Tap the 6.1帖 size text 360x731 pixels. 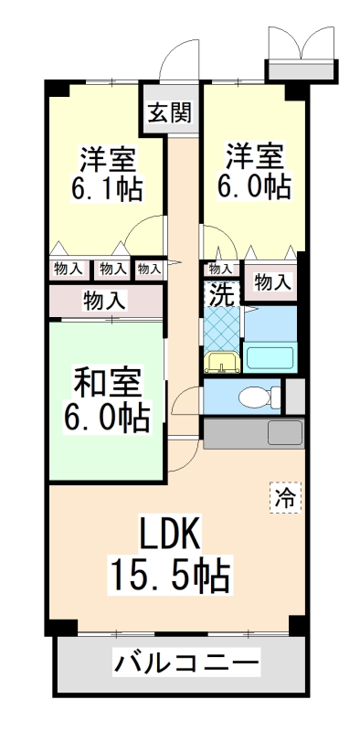pyautogui.click(x=109, y=190)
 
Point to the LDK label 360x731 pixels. pyautogui.click(x=169, y=533)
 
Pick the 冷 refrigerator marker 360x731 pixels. pyautogui.click(x=283, y=497)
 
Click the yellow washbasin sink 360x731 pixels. pyautogui.click(x=222, y=363)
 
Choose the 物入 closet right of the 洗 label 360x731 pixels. pyautogui.click(x=272, y=282)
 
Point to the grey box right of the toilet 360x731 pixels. pyautogui.click(x=294, y=396)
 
